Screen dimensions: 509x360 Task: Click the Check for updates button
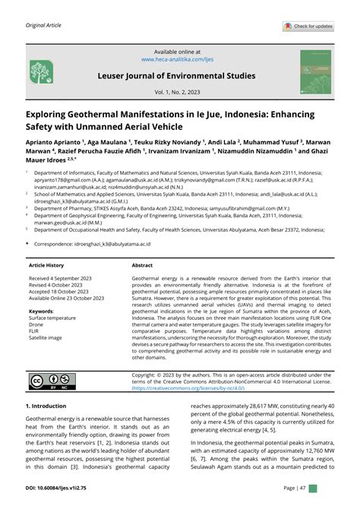coord(308,27)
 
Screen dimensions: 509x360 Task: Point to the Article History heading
coord(47,266)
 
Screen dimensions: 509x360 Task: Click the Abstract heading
coord(143,266)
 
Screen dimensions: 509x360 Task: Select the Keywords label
coord(41,311)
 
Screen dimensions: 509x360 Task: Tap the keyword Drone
coord(37,325)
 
